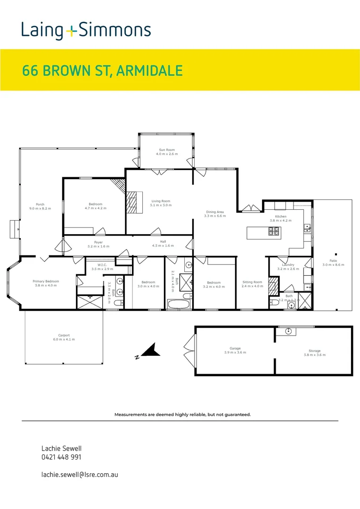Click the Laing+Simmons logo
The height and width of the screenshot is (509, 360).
pyautogui.click(x=86, y=31)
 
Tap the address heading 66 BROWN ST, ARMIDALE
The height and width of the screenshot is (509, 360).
pyautogui.click(x=102, y=71)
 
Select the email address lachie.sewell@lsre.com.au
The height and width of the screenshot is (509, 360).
pyautogui.click(x=80, y=474)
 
